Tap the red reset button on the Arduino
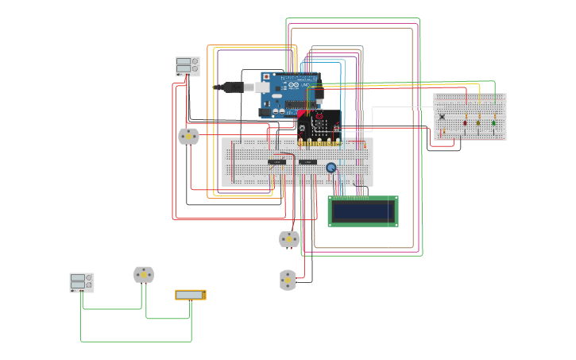[266, 76]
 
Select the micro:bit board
[319, 127]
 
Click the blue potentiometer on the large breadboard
[331, 167]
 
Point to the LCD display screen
[363, 211]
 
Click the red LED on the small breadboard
[465, 122]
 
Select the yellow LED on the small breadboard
[478, 122]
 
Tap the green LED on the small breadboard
[493, 122]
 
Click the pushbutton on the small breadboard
[443, 117]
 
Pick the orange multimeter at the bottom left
[191, 295]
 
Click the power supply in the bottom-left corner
[82, 282]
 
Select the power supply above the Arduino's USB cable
[187, 66]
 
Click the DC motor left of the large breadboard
[188, 137]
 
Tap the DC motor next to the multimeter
[143, 275]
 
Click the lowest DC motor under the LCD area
[288, 280]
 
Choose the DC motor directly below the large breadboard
[289, 238]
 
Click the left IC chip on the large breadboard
[276, 162]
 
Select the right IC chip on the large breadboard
[307, 162]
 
